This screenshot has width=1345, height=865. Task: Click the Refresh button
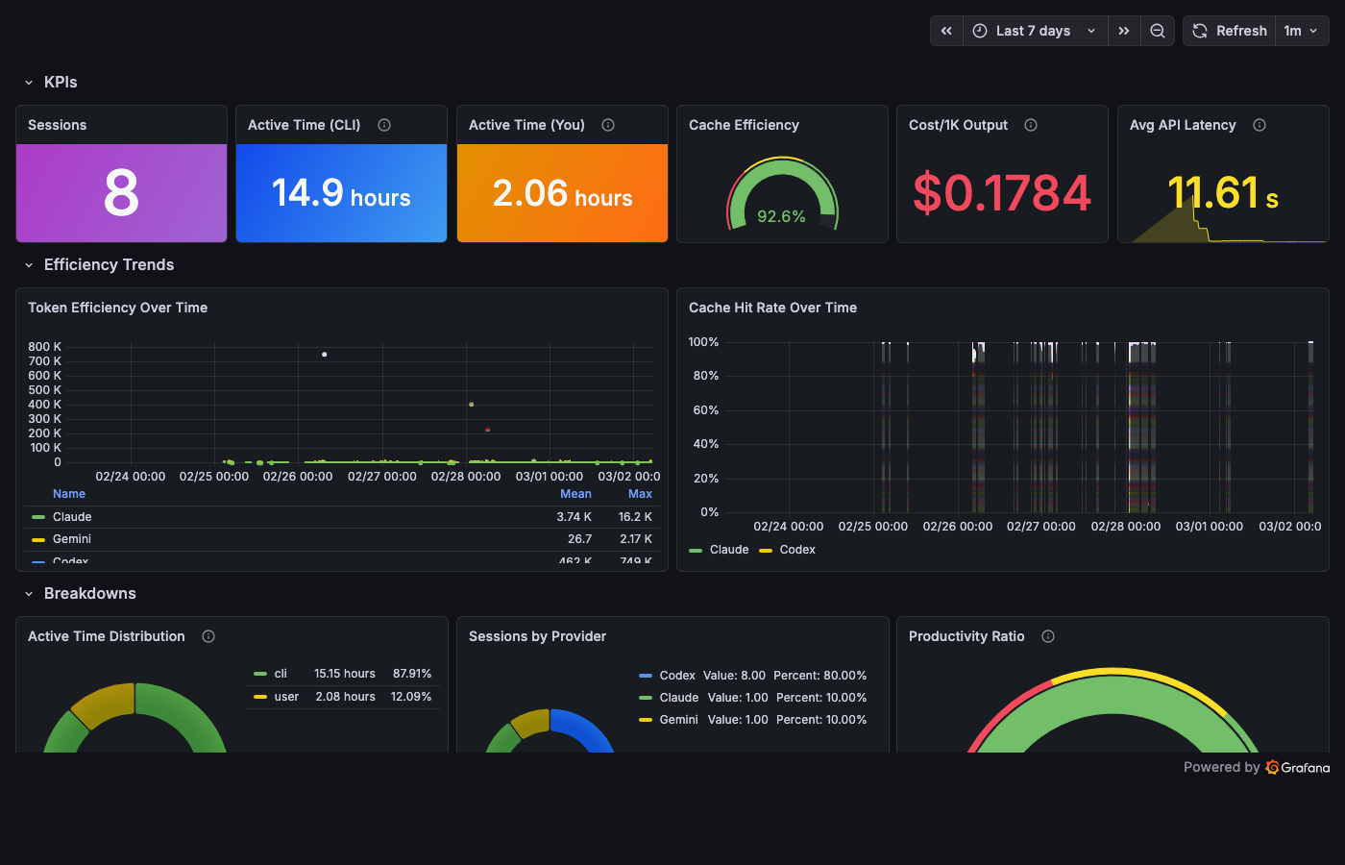[1230, 31]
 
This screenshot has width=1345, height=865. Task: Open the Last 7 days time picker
[1034, 31]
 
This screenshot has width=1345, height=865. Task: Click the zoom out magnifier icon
[1158, 31]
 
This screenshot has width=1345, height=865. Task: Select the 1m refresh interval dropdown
[1301, 31]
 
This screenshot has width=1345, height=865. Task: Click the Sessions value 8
[121, 193]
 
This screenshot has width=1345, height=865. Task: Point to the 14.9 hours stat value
[341, 193]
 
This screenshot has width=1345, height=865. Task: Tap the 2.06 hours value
[562, 193]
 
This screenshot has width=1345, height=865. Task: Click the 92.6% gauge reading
[781, 216]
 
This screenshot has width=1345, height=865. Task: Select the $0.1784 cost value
[1001, 193]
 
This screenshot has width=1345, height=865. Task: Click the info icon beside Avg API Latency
[1259, 125]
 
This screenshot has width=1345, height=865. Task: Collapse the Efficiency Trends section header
[109, 264]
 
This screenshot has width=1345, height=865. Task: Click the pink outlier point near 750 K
[325, 355]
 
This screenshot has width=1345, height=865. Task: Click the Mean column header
[575, 494]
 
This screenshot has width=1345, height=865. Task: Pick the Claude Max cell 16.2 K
[635, 517]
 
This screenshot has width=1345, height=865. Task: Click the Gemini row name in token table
[72, 539]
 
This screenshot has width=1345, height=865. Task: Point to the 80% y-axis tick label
[705, 376]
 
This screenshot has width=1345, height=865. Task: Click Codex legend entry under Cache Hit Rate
[796, 550]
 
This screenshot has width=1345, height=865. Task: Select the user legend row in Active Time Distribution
[286, 697]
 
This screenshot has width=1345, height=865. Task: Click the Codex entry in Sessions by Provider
[677, 676]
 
